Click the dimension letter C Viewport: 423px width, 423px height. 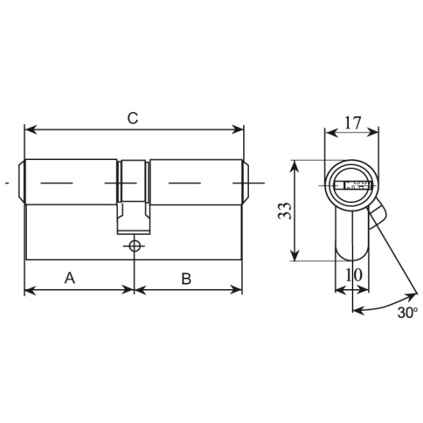click(133, 118)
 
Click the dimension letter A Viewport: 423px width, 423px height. click(70, 278)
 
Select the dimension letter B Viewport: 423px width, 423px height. click(186, 278)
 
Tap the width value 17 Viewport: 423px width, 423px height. click(352, 123)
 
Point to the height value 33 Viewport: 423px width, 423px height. click(285, 211)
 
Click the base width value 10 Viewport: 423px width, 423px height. click(354, 275)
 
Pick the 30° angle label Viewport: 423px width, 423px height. click(407, 312)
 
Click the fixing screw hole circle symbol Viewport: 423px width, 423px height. click(134, 246)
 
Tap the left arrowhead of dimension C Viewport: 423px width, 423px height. click(30, 130)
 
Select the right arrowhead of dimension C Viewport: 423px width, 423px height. click(238, 130)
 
